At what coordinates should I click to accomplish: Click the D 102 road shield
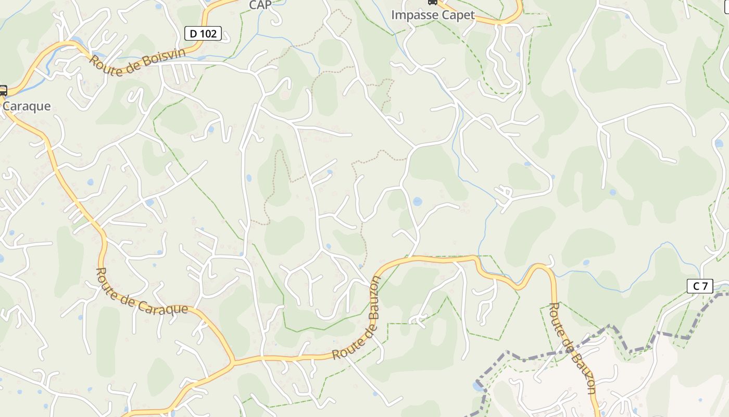pos(203,34)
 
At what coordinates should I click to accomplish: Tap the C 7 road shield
pos(700,286)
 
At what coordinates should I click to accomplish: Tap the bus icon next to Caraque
pos(3,91)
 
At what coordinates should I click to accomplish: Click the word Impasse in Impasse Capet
pos(411,15)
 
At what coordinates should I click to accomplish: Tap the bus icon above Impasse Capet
pos(432,2)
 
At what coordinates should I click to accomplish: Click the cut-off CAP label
pos(260,5)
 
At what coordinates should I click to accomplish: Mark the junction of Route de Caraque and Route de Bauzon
pos(233,361)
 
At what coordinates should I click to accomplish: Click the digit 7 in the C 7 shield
pos(705,286)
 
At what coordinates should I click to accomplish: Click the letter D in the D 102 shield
pos(193,34)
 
